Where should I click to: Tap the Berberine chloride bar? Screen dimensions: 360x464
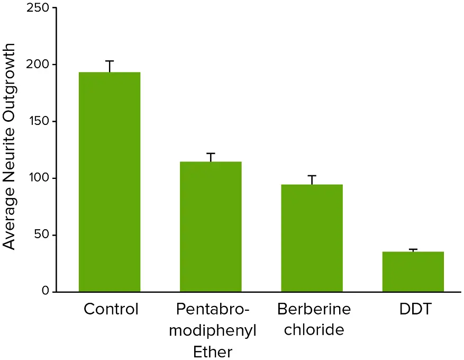coord(312,238)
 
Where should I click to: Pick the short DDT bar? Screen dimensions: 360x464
coord(413,272)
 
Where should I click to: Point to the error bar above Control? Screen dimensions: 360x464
coord(110,66)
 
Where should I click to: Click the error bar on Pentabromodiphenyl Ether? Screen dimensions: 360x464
coord(211,157)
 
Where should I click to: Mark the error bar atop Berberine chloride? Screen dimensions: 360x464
coord(312,180)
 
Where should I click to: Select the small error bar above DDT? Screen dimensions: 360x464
coord(413,250)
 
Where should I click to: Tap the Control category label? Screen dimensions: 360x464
coord(111,309)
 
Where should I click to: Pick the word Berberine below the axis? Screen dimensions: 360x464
coord(314,309)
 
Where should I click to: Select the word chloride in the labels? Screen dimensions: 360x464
coord(314,330)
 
